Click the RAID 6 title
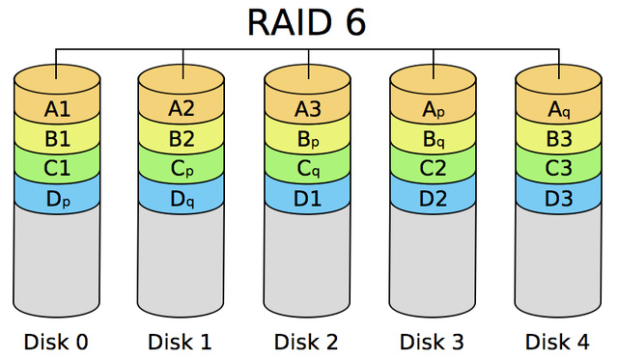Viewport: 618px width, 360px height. (307, 21)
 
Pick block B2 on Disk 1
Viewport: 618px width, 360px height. (182, 138)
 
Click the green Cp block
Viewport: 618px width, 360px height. (182, 168)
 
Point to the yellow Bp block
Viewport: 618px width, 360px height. (307, 138)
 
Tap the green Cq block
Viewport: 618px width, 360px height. (307, 168)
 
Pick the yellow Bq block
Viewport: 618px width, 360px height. (433, 138)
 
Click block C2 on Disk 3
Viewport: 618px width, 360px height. (433, 168)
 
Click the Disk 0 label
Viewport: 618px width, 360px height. (56, 341)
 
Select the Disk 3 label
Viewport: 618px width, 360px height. (433, 341)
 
